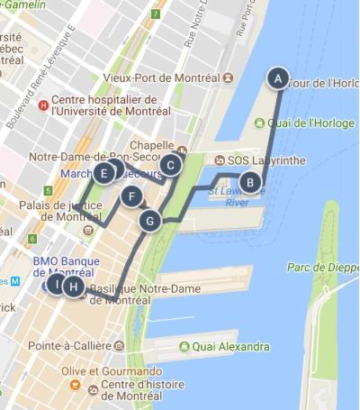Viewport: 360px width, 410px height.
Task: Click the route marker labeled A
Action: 278,78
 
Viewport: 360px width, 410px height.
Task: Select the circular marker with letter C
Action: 170,164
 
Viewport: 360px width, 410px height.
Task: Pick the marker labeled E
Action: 105,173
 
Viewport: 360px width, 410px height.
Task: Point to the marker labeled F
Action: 131,197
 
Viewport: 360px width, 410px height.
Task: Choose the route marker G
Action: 150,220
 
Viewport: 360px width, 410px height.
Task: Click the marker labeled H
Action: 74,287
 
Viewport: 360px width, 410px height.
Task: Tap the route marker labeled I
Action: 57,285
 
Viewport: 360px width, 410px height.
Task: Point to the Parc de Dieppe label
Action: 321,268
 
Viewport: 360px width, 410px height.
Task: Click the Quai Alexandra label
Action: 230,346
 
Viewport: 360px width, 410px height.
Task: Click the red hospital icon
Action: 42,105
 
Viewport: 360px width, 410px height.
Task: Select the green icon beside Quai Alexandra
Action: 184,346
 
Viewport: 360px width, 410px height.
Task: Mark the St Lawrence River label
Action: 229,196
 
